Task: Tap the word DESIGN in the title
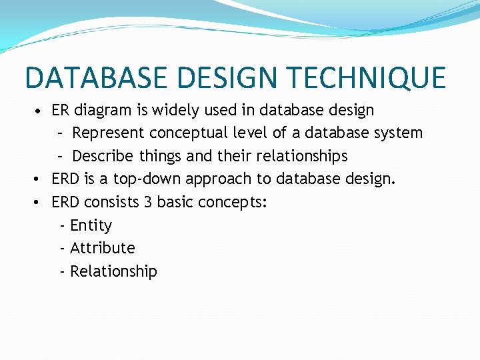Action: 221,77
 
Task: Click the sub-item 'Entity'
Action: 91,225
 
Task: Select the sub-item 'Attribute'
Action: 102,248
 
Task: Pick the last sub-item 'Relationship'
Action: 113,271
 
